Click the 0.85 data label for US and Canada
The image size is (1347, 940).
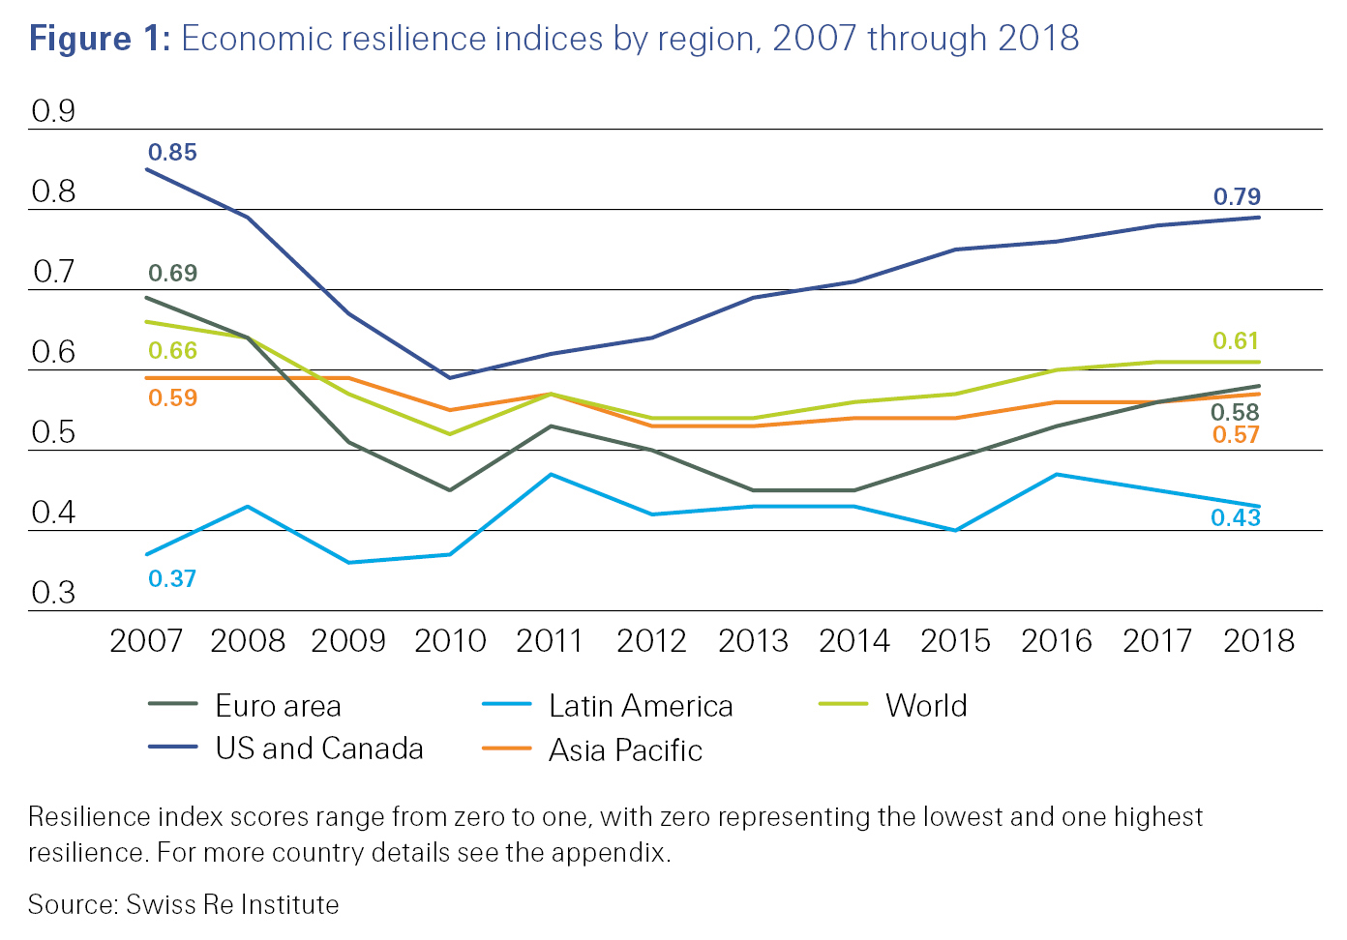click(x=172, y=153)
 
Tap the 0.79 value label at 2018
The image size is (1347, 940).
click(x=1237, y=197)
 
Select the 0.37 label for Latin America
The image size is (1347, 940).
click(x=172, y=579)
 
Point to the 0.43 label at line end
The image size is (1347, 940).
click(x=1236, y=518)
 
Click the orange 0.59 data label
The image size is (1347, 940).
click(x=172, y=398)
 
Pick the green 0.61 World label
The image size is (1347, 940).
click(x=1236, y=341)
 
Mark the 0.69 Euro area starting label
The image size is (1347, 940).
click(x=172, y=274)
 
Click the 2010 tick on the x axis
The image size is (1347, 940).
click(x=450, y=641)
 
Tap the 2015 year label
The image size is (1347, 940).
click(x=955, y=641)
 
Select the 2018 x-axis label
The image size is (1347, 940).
click(x=1258, y=641)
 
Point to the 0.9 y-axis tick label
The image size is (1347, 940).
click(x=53, y=112)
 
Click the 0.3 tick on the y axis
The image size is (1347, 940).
click(x=53, y=593)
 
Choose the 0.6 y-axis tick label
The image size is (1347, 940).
click(x=53, y=352)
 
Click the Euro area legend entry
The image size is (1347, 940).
click(x=278, y=707)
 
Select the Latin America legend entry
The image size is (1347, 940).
click(x=640, y=707)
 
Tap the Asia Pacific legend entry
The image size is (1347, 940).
click(x=625, y=750)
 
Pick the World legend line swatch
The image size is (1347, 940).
click(x=843, y=705)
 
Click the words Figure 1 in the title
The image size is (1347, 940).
click(x=99, y=39)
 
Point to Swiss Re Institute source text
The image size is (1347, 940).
click(x=232, y=905)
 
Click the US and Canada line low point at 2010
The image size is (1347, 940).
click(x=450, y=377)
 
